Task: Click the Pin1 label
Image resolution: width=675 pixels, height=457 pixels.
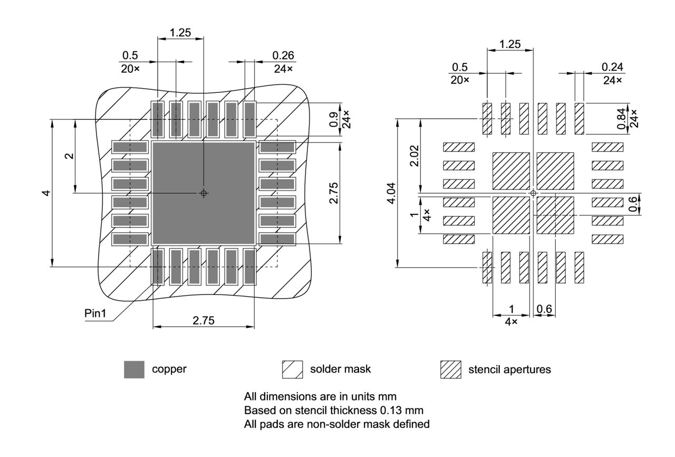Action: click(x=95, y=313)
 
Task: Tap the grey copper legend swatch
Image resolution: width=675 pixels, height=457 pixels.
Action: click(x=134, y=369)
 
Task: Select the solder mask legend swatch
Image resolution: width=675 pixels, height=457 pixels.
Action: click(x=293, y=369)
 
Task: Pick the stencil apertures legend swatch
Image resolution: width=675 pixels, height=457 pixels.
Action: click(x=450, y=369)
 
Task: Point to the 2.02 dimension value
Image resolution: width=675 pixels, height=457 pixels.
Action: click(x=414, y=156)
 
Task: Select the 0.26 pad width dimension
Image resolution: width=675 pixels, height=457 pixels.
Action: click(x=283, y=55)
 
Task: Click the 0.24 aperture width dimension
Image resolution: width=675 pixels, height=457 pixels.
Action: click(x=612, y=66)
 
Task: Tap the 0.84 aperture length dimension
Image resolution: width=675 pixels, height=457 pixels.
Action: click(x=621, y=118)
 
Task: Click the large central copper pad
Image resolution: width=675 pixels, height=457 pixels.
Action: click(x=204, y=193)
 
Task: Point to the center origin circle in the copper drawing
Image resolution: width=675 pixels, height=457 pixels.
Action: click(x=204, y=193)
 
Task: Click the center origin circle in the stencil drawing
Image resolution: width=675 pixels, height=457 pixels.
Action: click(x=533, y=194)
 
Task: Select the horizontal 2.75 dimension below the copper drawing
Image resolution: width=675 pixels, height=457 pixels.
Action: click(x=204, y=320)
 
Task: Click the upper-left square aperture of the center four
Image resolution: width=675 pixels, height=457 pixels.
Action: click(x=510, y=171)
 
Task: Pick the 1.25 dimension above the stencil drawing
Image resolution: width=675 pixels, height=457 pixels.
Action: click(x=510, y=44)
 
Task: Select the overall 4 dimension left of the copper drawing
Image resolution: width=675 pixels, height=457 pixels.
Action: click(x=46, y=193)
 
